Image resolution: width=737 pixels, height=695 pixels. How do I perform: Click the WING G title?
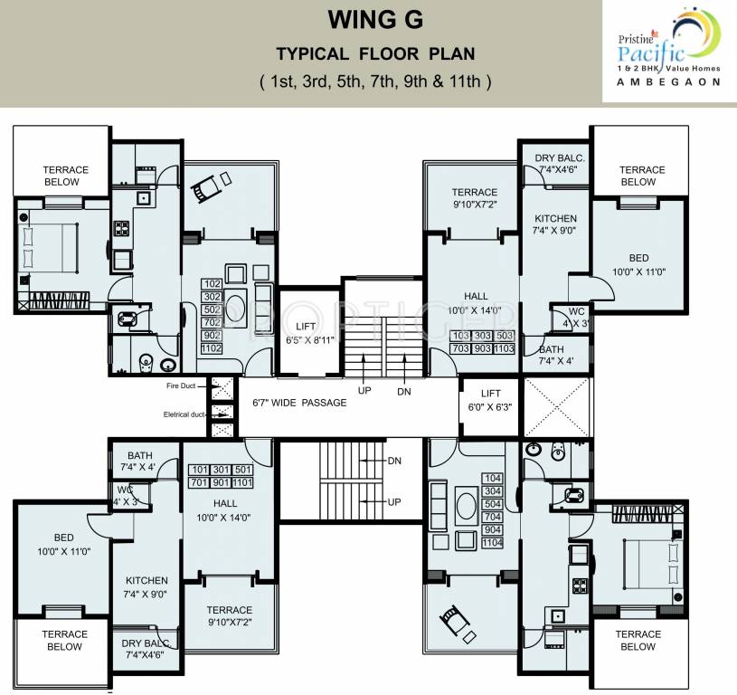tap(375, 20)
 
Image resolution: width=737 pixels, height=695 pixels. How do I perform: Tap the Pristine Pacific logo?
tap(669, 50)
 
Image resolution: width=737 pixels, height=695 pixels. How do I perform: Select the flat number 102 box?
tap(212, 284)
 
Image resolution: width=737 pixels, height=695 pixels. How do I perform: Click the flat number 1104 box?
tap(492, 543)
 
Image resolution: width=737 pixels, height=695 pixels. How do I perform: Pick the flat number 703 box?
tap(460, 348)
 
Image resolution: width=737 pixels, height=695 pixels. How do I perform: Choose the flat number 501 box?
tap(243, 470)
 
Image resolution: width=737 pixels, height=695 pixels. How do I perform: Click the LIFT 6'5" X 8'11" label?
tap(310, 333)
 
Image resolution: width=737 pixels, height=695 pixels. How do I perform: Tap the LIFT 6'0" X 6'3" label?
tap(490, 400)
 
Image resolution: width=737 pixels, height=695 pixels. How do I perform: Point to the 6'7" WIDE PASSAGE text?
tap(299, 403)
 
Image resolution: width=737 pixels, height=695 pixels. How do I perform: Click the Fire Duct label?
tap(181, 386)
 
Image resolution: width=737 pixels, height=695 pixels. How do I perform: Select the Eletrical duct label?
tap(184, 414)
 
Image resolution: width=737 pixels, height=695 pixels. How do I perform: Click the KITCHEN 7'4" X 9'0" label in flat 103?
tap(554, 224)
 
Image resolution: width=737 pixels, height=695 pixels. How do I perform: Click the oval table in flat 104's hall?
tap(467, 506)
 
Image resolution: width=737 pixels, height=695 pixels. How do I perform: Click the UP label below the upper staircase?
tap(364, 391)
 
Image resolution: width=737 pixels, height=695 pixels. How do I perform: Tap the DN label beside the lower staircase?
tap(394, 461)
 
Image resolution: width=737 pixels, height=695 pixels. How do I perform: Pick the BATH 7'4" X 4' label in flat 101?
tap(139, 462)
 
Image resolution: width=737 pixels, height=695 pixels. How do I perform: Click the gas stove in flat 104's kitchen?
tap(579, 586)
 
